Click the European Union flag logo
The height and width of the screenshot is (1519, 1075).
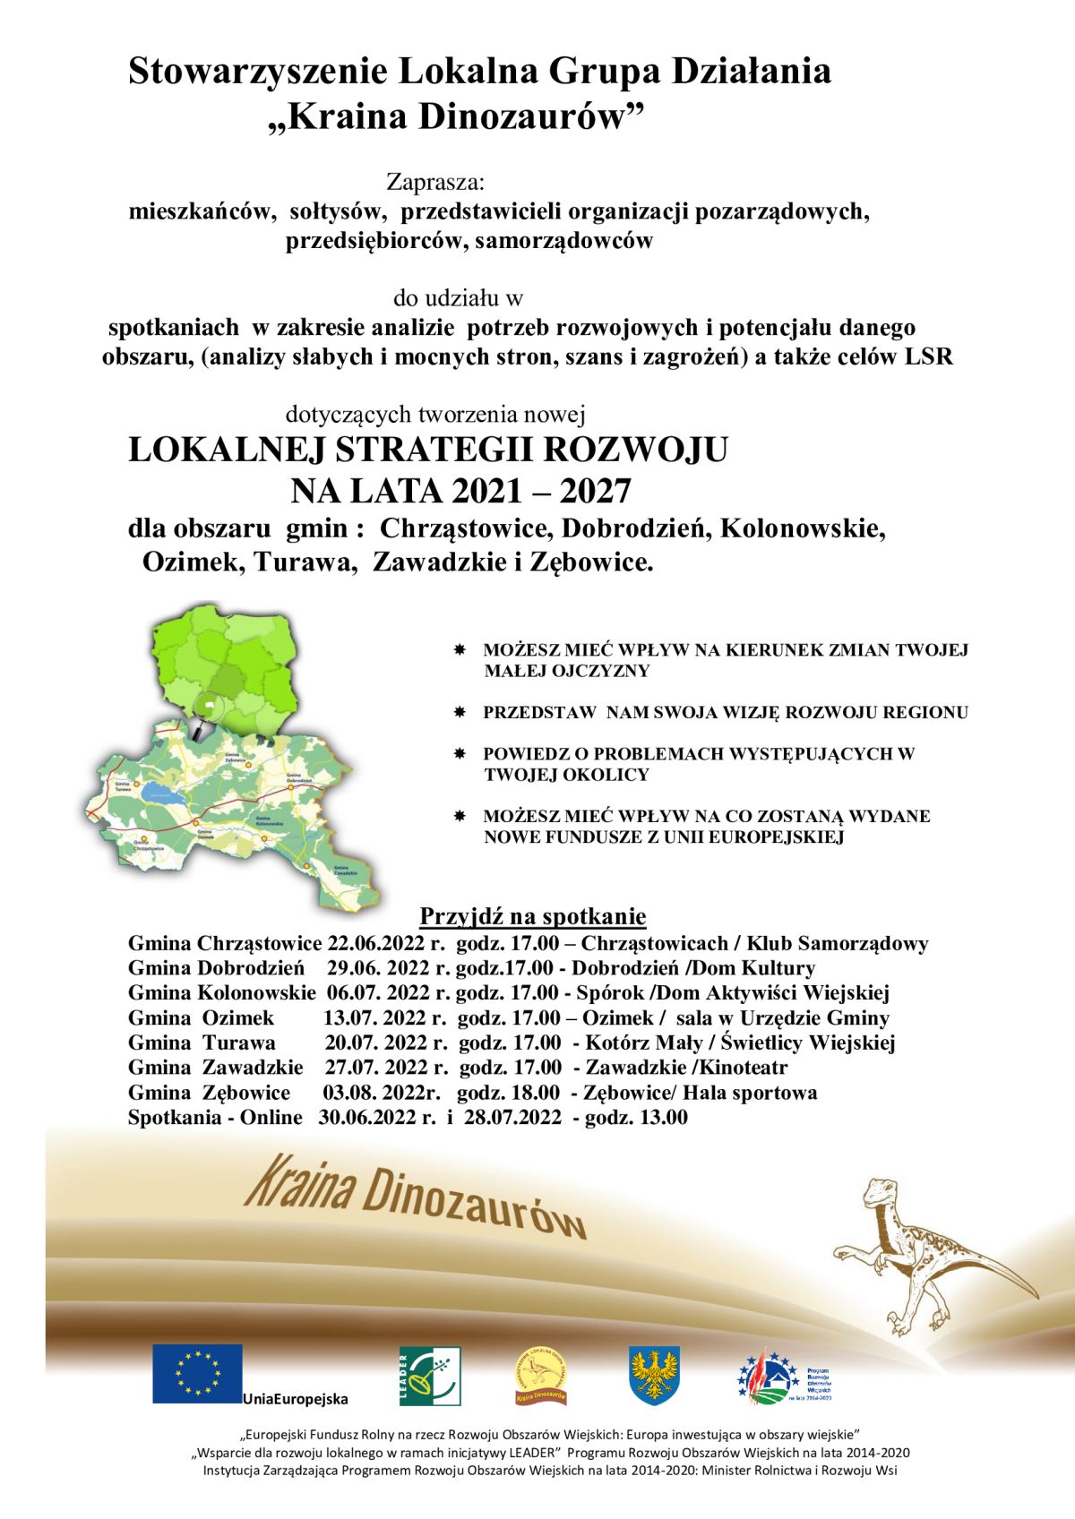(x=197, y=1373)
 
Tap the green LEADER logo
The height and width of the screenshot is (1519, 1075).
(x=429, y=1376)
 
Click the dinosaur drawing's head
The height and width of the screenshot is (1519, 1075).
(x=879, y=1192)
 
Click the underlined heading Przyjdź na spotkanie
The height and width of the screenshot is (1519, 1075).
(x=533, y=916)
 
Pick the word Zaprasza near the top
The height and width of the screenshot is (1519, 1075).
(x=435, y=182)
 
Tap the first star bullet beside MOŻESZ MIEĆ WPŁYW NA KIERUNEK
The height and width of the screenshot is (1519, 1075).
(x=460, y=648)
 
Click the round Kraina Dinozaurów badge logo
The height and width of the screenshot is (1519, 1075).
(x=540, y=1376)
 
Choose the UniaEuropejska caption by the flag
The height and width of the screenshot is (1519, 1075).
(x=295, y=1399)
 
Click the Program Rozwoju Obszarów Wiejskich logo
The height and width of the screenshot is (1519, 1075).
(x=785, y=1376)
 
